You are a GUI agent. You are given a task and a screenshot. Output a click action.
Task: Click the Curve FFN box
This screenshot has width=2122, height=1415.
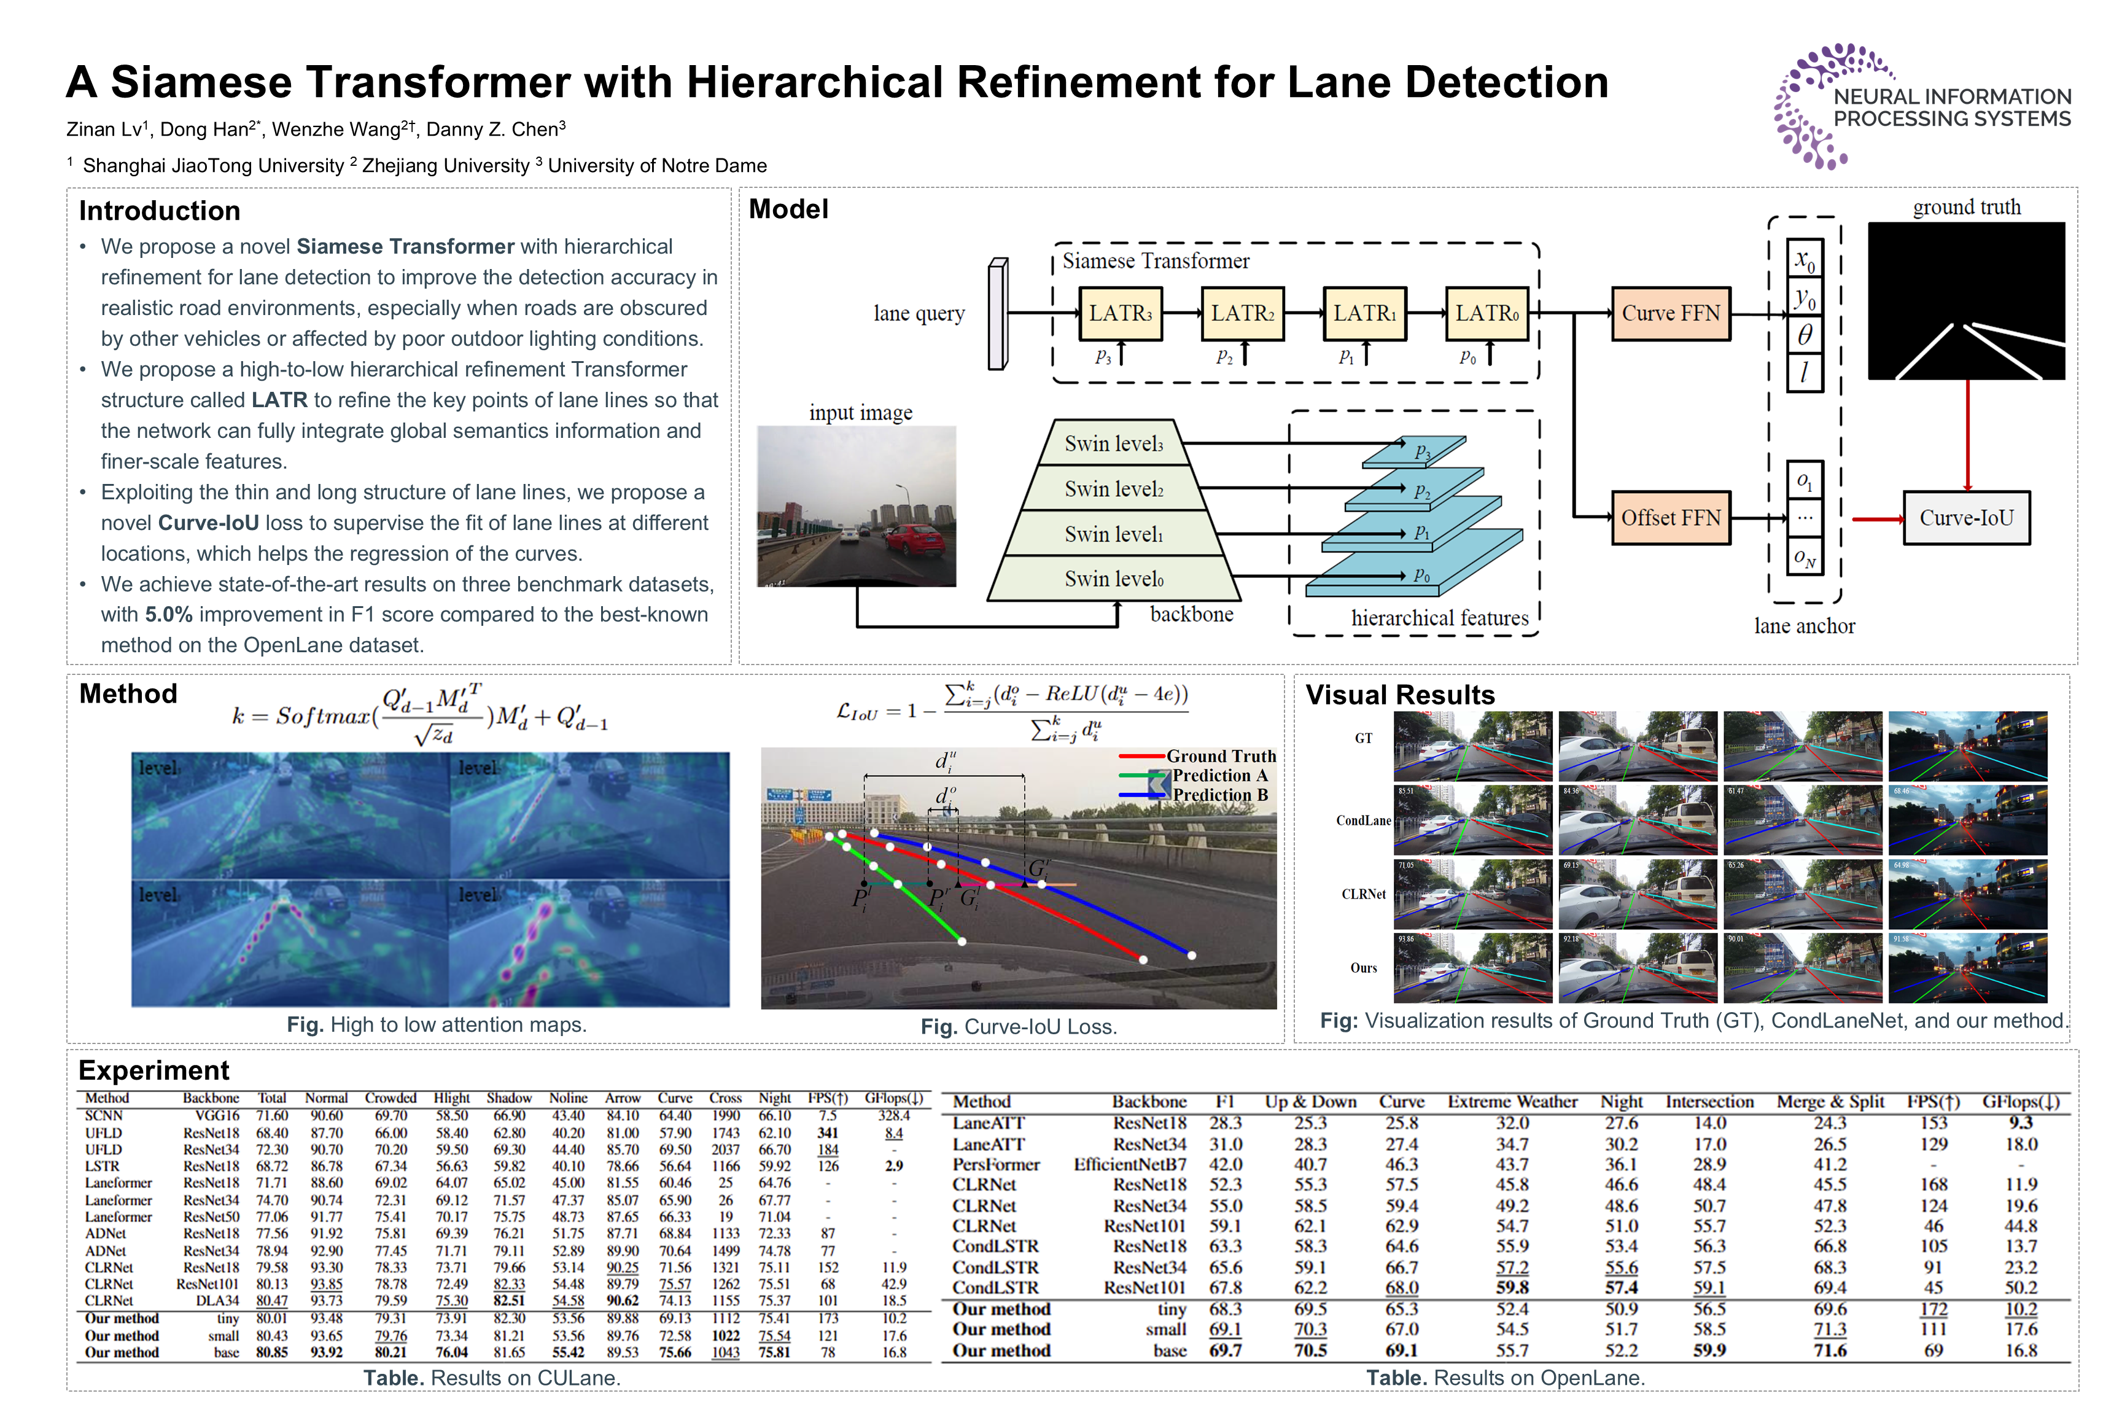click(1670, 313)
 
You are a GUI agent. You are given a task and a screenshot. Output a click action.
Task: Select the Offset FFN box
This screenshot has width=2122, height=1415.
click(1670, 518)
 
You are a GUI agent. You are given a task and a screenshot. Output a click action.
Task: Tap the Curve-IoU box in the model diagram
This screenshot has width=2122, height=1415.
click(1966, 518)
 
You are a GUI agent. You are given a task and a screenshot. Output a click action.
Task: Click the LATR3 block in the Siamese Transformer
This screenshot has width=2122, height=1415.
click(1120, 313)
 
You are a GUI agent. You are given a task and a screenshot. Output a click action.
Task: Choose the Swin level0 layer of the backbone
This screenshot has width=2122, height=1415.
click(1113, 579)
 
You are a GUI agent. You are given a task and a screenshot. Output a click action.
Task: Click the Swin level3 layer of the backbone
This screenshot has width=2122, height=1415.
click(1113, 443)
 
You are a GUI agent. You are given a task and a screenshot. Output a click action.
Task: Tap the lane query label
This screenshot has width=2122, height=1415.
click(919, 313)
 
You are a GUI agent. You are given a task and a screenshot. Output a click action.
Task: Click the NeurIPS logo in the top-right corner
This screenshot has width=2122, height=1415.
click(1922, 106)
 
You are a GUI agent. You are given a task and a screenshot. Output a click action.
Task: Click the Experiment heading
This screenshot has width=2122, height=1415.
click(154, 1070)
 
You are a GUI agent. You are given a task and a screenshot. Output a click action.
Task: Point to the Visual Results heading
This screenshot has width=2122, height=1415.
click(1400, 695)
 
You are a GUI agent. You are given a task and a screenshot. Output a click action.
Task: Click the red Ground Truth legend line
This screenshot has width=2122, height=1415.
click(1141, 756)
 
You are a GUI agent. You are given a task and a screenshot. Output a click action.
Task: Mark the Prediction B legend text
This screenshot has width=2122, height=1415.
click(1220, 795)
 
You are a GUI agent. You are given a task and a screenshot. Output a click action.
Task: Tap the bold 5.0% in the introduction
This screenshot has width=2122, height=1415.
click(169, 615)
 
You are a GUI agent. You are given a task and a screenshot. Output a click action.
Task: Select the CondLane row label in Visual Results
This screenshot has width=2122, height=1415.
click(1363, 821)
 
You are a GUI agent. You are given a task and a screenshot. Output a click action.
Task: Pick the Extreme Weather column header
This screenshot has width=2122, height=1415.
click(1512, 1102)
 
